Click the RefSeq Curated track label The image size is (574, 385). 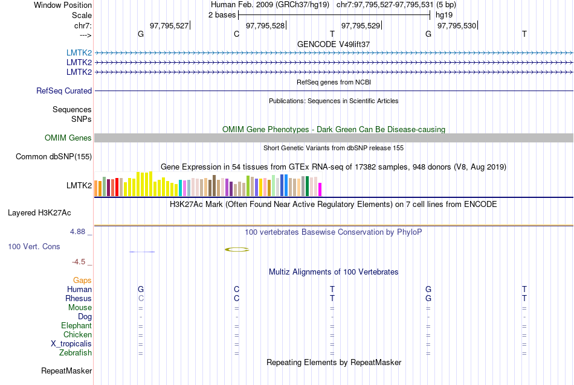pyautogui.click(x=64, y=91)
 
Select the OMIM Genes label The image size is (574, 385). pyautogui.click(x=68, y=138)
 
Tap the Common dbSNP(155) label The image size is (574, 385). pyautogui.click(x=54, y=157)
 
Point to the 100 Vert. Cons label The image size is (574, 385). pyautogui.click(x=34, y=247)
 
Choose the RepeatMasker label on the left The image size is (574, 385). pyautogui.click(x=66, y=371)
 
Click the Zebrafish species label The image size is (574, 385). pyautogui.click(x=76, y=353)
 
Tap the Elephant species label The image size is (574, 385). pyautogui.click(x=76, y=326)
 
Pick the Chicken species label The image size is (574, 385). pyautogui.click(x=77, y=335)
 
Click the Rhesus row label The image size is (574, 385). pyautogui.click(x=79, y=299)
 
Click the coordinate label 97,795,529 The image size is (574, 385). pyautogui.click(x=361, y=25)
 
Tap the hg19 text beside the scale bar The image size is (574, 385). pyautogui.click(x=444, y=14)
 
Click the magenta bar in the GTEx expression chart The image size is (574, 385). pyautogui.click(x=320, y=189)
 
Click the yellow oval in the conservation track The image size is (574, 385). pyautogui.click(x=236, y=249)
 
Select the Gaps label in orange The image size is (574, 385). pyautogui.click(x=82, y=281)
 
